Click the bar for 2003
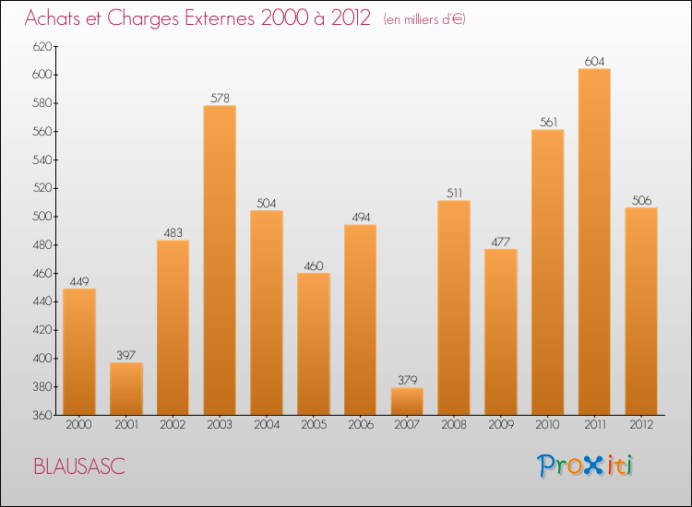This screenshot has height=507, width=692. tap(220, 260)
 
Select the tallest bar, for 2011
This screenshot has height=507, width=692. tap(594, 242)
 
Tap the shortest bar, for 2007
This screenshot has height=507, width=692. tap(407, 401)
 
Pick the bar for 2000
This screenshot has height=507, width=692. tap(79, 352)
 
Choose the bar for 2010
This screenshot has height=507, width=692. tap(547, 272)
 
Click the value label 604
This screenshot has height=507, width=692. tap(594, 62)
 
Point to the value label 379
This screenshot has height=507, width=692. tap(407, 381)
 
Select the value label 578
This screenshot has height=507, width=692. tap(220, 99)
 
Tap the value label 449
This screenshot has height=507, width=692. tap(79, 282)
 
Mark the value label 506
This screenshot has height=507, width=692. tap(641, 201)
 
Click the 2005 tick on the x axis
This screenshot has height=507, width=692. tap(314, 425)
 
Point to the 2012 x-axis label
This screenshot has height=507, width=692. tap(641, 425)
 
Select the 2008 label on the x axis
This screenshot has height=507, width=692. tap(454, 425)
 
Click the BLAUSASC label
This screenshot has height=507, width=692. tap(79, 467)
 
